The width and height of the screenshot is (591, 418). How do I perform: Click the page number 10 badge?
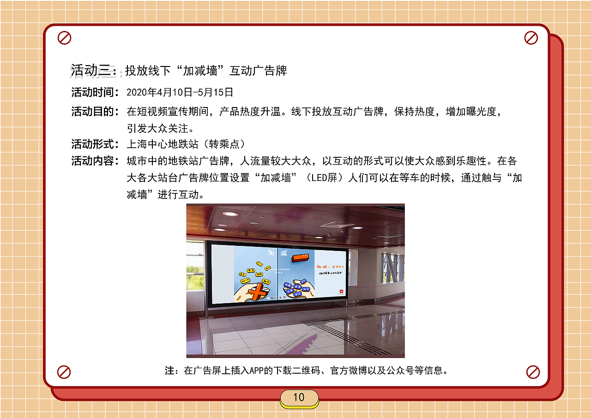pos(299,398)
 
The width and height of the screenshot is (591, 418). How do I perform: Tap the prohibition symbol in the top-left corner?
pos(65,38)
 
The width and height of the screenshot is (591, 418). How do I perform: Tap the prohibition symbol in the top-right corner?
pos(531,38)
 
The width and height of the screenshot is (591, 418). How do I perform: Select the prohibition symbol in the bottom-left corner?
pos(64,372)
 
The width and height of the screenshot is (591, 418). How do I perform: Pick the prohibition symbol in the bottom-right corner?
pos(533,372)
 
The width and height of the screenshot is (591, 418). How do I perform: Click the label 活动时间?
pos(92,92)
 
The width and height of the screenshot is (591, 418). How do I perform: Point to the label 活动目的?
pos(92,112)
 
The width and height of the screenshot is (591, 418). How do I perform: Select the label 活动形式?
pos(92,144)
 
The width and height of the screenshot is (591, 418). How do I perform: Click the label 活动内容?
pos(92,161)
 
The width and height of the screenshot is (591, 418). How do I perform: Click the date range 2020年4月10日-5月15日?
pos(180,92)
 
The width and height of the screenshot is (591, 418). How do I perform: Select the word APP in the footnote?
pos(255,370)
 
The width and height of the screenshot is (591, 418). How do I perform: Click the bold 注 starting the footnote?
pos(169,370)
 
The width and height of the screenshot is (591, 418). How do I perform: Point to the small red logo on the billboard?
pos(341,292)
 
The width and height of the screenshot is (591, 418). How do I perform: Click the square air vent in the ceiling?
pos(338,225)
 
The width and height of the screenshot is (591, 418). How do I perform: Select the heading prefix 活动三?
pos(91,71)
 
